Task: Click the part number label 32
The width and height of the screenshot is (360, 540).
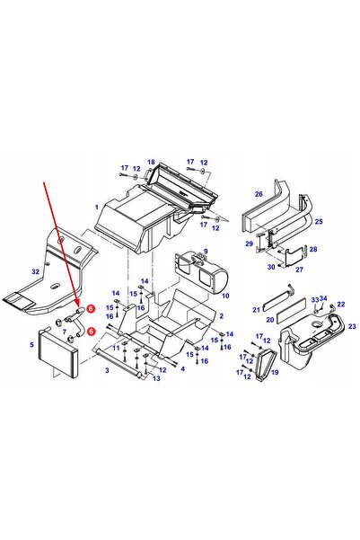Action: point(35,271)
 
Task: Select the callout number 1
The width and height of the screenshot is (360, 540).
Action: point(97,207)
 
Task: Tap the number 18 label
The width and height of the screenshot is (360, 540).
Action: point(151,162)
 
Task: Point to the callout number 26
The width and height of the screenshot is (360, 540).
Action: point(259,194)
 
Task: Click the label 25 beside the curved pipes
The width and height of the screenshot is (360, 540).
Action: point(319,221)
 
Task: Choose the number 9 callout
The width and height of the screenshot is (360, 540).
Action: point(206,252)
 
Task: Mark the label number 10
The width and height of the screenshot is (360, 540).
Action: point(225,296)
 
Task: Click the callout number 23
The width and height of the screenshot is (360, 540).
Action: point(352,326)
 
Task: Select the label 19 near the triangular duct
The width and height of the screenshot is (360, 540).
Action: point(275,372)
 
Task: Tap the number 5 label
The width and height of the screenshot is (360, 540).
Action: point(32,344)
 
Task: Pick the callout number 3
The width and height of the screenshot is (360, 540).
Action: point(107,370)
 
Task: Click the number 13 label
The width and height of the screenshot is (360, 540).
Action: point(156,378)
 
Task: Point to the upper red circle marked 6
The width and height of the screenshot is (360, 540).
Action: point(91,309)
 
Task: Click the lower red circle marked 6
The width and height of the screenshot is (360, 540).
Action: point(91,332)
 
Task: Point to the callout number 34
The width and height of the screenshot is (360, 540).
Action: point(323,298)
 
